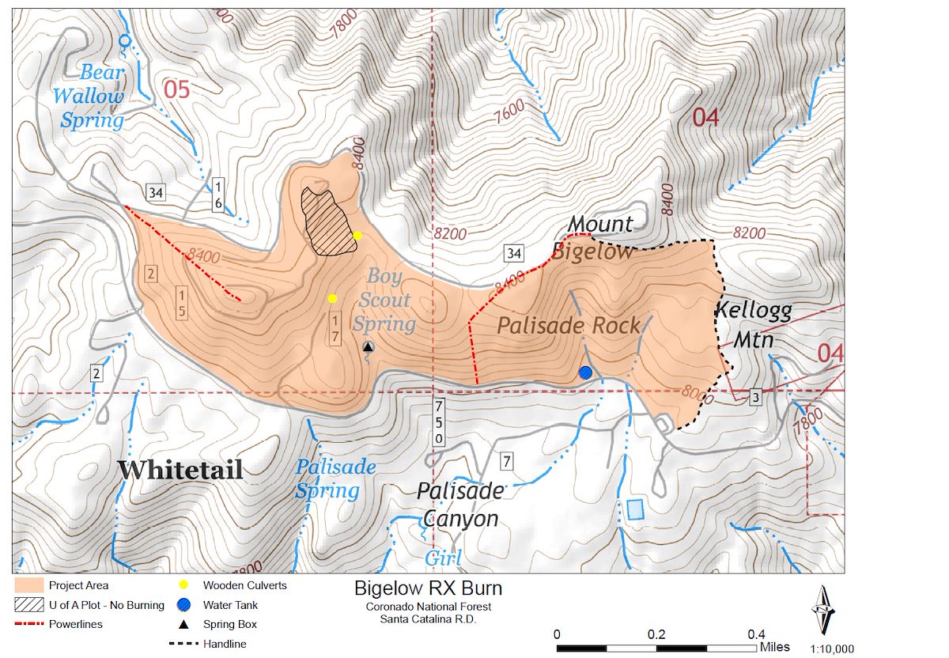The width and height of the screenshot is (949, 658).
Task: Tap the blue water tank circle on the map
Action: point(585,372)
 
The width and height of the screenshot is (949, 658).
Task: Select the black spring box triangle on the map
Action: point(368,346)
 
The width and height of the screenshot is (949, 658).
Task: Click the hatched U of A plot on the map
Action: point(327,222)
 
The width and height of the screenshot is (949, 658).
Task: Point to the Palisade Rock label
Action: point(569,326)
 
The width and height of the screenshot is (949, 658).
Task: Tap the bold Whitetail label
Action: point(180,470)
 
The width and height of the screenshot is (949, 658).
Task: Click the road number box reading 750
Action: point(438,422)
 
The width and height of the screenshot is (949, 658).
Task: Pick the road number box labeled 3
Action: point(755,398)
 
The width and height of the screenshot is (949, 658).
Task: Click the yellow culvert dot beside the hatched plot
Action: point(357,235)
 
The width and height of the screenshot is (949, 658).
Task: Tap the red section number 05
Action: point(177,89)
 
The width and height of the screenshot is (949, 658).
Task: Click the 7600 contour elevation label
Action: point(508,112)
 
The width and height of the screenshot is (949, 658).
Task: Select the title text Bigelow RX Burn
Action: point(428,588)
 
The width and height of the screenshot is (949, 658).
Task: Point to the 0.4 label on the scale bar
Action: point(756,634)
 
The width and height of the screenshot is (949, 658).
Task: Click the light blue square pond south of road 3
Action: point(635,509)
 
